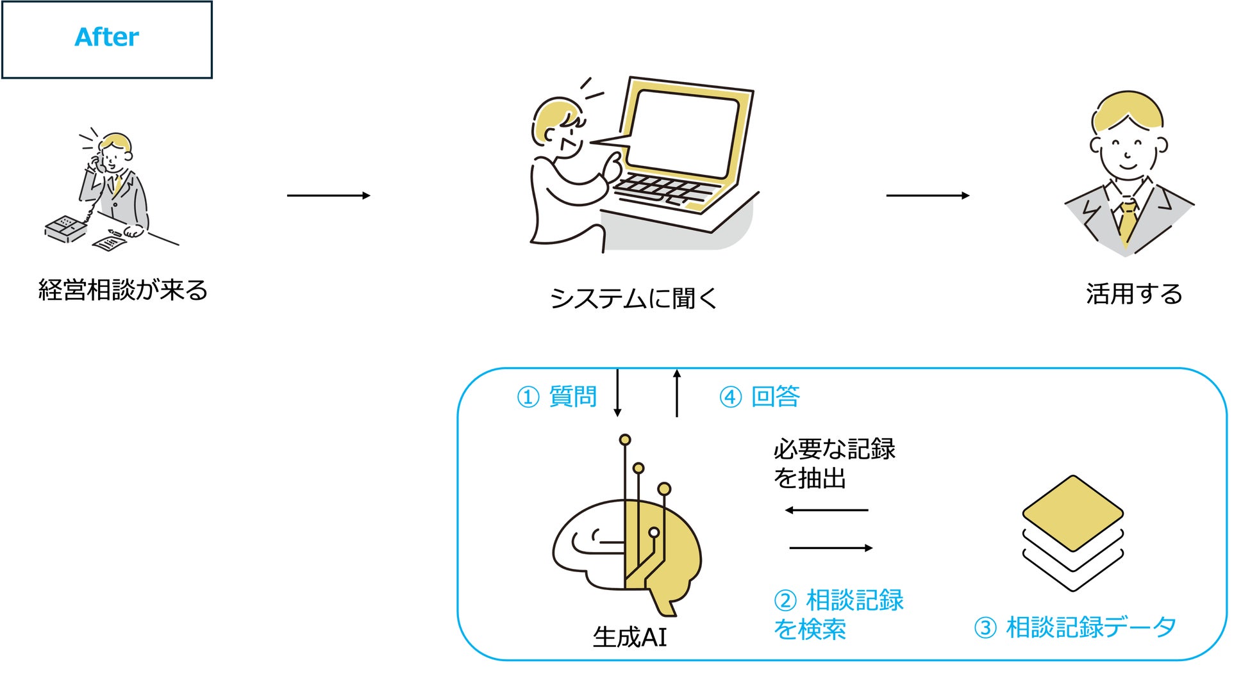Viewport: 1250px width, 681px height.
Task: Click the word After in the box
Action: (x=106, y=37)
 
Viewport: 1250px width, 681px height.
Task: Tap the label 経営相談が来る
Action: (x=123, y=290)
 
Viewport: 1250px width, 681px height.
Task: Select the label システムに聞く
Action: (x=633, y=298)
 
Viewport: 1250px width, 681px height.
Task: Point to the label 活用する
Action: (x=1133, y=294)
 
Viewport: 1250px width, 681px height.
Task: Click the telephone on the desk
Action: (x=65, y=229)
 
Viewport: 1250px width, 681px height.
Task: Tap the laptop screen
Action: (x=685, y=133)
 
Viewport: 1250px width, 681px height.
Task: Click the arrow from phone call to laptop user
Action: (x=328, y=195)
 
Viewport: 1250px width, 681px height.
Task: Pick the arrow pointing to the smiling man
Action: (x=927, y=195)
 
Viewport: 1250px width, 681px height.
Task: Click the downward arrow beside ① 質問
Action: (x=617, y=392)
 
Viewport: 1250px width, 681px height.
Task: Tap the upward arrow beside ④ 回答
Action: (x=677, y=392)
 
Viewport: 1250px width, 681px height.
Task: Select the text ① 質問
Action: (x=556, y=397)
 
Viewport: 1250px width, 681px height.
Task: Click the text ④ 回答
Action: (x=759, y=397)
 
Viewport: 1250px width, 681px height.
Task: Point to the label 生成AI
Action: (x=629, y=637)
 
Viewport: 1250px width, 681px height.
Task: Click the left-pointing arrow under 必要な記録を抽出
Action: (x=826, y=511)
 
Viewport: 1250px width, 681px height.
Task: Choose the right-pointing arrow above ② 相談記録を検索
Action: (x=831, y=548)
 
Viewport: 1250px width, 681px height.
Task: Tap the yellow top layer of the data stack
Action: (x=1072, y=513)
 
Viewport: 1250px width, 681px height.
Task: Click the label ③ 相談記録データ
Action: (x=1074, y=628)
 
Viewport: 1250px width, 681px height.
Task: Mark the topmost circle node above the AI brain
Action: (x=625, y=440)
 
